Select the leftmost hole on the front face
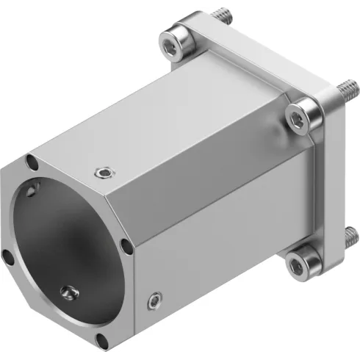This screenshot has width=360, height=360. coord(7,256)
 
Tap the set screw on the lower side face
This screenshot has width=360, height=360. coord(154,300)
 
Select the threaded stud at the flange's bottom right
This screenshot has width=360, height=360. coord(350,237)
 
